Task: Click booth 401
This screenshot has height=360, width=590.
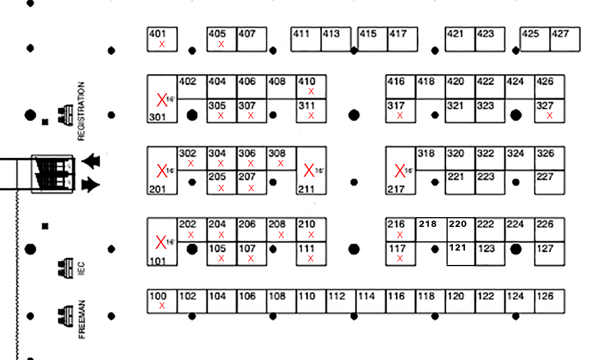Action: click(x=162, y=39)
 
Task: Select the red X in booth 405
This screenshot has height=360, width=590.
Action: click(x=221, y=44)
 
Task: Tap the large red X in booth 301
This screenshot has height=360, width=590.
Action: click(x=162, y=100)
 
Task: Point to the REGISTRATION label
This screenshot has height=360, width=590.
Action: click(x=81, y=111)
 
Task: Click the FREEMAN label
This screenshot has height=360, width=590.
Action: click(x=82, y=319)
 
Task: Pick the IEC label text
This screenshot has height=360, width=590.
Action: click(x=81, y=268)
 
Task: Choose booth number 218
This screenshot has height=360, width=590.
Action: click(x=428, y=224)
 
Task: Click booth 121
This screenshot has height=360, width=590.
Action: click(x=460, y=254)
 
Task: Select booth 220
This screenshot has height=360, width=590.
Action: click(x=461, y=229)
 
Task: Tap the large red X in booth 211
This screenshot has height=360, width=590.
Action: click(x=309, y=170)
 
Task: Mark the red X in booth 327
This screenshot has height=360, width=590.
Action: click(x=550, y=116)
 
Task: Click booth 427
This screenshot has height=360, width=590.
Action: click(x=565, y=39)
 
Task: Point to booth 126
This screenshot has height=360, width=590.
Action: click(x=550, y=301)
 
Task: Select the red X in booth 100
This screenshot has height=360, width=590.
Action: click(x=162, y=306)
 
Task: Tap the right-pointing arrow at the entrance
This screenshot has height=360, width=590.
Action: click(x=90, y=184)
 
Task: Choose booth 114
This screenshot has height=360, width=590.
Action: click(x=371, y=301)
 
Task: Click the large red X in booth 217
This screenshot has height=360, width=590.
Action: click(x=400, y=170)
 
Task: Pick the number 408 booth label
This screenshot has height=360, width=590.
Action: click(x=277, y=82)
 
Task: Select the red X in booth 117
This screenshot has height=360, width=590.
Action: click(x=400, y=259)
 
